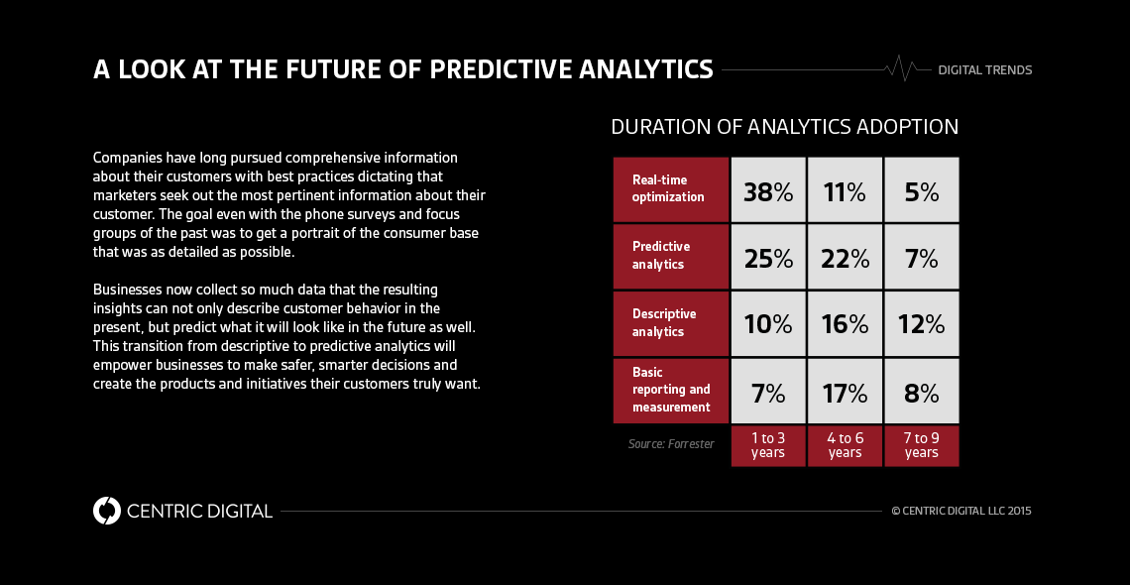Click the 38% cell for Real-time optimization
point(768,190)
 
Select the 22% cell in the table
point(845,258)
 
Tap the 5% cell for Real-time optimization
point(922,190)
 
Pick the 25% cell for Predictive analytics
point(768,258)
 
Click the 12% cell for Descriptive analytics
point(922,324)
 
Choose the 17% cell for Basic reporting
point(845,393)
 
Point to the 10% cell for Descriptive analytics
point(768,324)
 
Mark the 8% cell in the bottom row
point(922,393)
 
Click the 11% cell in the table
point(845,190)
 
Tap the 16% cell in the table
point(845,324)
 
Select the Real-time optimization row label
point(670,188)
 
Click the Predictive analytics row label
point(670,256)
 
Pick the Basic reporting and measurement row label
point(670,390)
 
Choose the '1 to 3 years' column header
point(768,446)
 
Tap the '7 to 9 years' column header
point(922,446)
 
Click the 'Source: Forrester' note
point(671,444)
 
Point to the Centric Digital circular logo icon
point(106,511)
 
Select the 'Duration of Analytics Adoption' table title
point(784,127)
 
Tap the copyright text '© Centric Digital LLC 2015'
point(961,511)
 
